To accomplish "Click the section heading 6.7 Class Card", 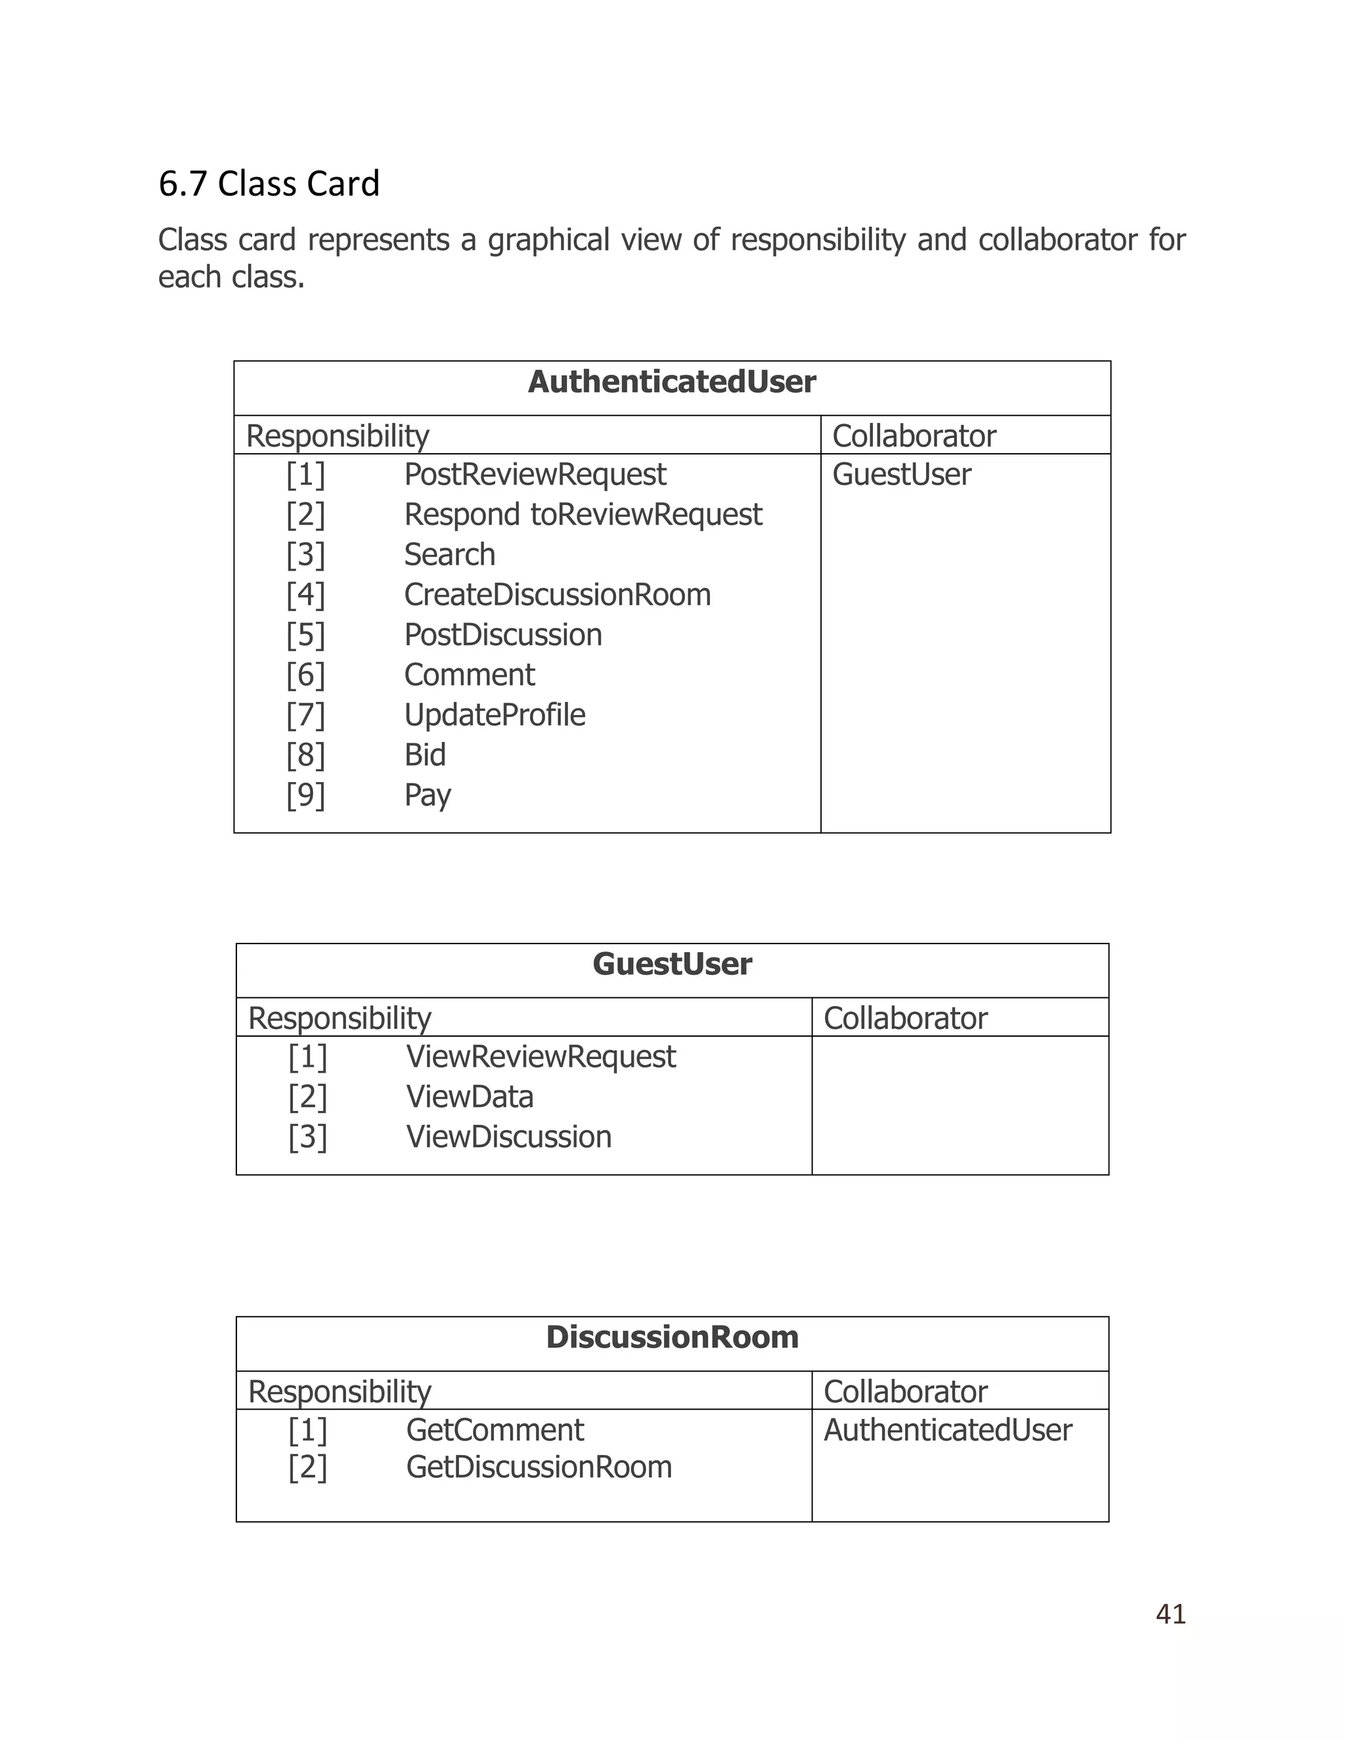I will coord(269,184).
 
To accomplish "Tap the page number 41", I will coord(1170,1614).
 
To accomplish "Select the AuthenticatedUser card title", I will coord(672,382).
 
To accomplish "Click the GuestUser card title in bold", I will coord(672,964).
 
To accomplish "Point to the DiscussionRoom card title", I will coord(672,1337).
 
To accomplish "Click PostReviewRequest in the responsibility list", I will coord(535,475).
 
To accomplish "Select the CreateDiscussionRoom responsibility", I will coord(557,595).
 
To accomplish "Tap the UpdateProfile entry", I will coord(494,716).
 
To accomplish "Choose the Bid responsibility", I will coord(425,755).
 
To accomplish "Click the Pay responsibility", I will coord(427,795).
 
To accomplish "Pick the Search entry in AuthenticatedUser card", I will coord(449,555).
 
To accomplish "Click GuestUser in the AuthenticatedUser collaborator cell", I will coord(901,475).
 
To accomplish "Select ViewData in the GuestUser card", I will coord(470,1097).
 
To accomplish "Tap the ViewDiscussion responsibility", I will coord(508,1137).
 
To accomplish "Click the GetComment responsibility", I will coord(495,1430).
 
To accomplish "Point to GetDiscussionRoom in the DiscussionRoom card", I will coord(539,1467).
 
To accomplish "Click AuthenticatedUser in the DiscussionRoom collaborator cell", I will coord(948,1430).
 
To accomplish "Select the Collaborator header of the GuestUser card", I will coord(905,1018).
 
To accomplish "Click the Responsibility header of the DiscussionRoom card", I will coord(340,1392).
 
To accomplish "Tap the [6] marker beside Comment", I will coord(306,676).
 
